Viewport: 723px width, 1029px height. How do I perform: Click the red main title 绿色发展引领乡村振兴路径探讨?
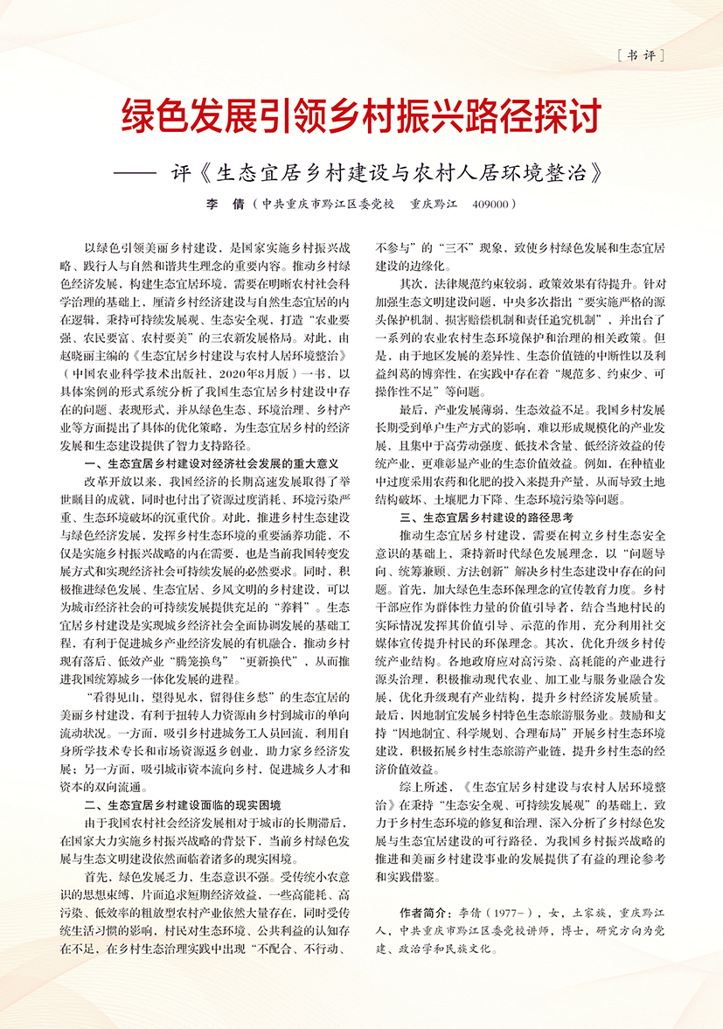(361, 115)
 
